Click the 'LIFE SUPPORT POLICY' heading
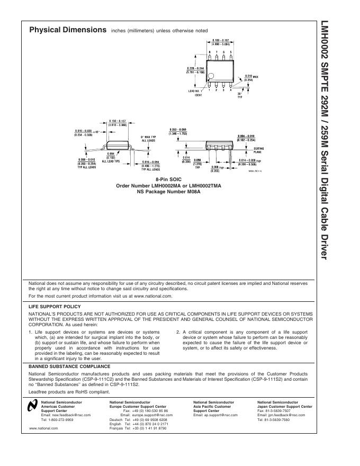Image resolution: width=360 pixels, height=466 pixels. click(54, 306)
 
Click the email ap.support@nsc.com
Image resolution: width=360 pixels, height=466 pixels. click(215, 415)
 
